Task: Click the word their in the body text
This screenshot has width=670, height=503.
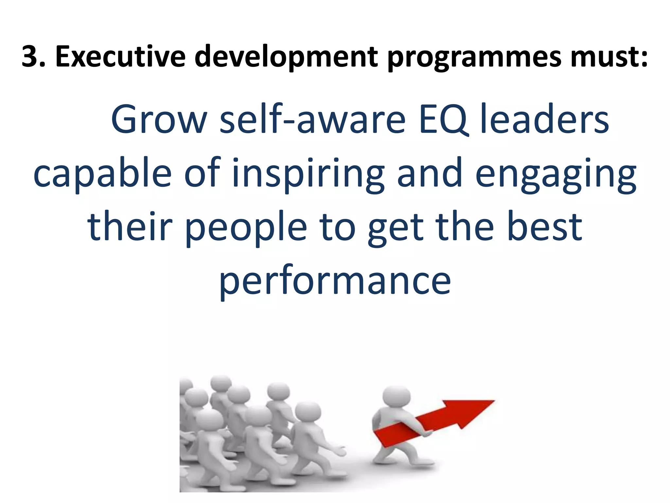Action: [130, 227]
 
